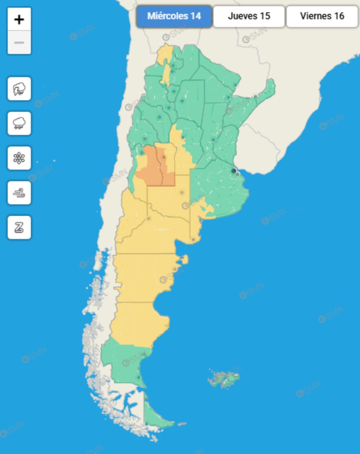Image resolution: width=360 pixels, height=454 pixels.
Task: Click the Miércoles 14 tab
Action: point(174,16)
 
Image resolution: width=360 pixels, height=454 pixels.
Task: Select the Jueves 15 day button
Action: point(249,16)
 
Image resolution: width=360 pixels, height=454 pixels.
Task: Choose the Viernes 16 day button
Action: point(322,16)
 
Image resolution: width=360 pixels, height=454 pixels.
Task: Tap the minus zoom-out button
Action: point(19,43)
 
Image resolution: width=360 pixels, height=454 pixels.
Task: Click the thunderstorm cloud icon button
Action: point(19,89)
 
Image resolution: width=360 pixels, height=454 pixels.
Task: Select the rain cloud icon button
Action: point(19,123)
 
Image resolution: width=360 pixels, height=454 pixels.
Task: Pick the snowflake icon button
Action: point(19,158)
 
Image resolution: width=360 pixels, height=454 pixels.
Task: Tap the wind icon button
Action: point(19,193)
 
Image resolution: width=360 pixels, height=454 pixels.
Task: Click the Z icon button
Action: point(19,227)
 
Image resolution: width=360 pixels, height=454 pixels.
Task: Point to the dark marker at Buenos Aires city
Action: point(234,171)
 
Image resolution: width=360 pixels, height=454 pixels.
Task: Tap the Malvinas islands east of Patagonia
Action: point(224,380)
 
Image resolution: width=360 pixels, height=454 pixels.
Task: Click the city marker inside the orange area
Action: point(164,157)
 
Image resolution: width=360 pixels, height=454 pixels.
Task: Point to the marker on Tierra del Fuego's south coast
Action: point(146,424)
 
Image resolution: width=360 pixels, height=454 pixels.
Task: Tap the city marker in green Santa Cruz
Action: point(138,377)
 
